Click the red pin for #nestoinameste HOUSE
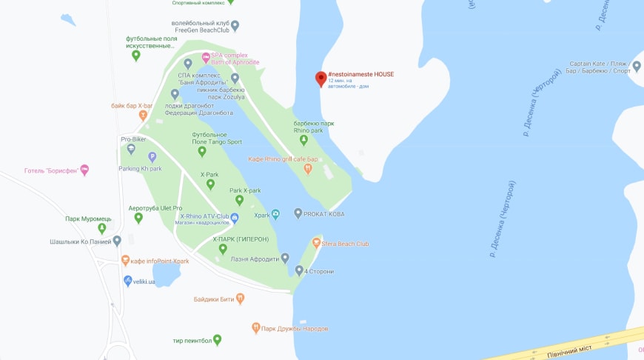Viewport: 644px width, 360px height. (x=321, y=79)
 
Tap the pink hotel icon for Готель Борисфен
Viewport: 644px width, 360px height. (x=84, y=170)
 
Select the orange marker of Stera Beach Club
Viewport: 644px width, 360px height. (x=316, y=243)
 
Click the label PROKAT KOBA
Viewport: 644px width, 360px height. (x=324, y=214)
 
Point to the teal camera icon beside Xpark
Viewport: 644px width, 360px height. (x=275, y=215)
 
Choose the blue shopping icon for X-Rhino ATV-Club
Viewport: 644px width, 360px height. (x=235, y=218)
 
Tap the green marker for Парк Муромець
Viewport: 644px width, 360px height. (x=102, y=228)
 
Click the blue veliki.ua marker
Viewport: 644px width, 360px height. (x=127, y=281)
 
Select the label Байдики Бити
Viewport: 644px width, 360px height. (x=214, y=299)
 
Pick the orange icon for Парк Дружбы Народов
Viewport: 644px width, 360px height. (x=256, y=327)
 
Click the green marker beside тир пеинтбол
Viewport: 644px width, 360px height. (x=217, y=340)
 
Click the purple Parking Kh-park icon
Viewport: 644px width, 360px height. (x=152, y=156)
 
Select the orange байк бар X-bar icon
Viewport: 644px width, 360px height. (x=143, y=116)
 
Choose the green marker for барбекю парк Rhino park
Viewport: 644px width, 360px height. (x=303, y=140)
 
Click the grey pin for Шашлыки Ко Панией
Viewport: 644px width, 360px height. (x=117, y=241)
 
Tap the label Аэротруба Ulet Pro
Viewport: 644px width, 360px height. (x=155, y=208)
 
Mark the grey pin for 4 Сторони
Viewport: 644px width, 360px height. (x=298, y=270)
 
